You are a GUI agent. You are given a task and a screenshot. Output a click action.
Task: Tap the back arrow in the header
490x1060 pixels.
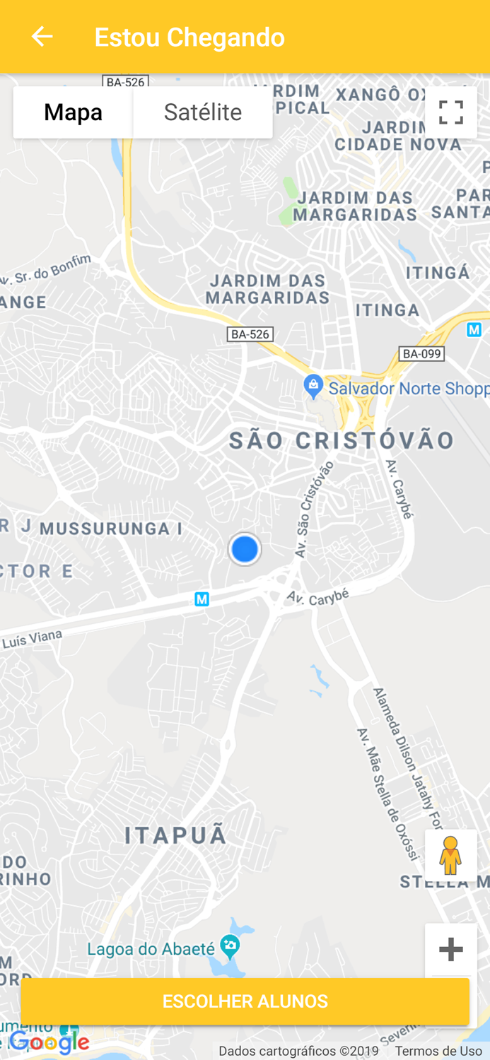[42, 37]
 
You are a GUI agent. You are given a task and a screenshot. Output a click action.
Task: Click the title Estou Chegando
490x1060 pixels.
[189, 37]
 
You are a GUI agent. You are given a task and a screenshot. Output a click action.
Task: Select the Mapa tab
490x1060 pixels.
[73, 112]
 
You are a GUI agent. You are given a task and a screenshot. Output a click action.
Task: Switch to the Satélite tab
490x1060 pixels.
[203, 112]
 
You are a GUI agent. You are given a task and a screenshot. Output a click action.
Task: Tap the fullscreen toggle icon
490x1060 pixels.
[450, 112]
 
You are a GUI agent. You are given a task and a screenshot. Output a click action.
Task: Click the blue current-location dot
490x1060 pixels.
[245, 549]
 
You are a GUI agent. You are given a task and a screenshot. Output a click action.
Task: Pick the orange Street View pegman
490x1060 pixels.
[450, 855]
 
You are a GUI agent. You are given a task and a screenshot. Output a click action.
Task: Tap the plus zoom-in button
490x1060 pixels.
[450, 949]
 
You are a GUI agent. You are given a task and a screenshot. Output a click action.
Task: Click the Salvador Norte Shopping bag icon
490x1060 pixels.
[313, 387]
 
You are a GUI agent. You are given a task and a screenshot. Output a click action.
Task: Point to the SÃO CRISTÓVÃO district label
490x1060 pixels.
[342, 441]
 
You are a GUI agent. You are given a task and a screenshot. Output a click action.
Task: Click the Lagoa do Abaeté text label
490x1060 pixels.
[151, 949]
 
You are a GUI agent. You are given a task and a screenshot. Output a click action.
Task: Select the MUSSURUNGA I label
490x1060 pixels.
[111, 529]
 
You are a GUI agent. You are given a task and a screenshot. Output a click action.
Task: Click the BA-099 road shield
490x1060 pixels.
[421, 353]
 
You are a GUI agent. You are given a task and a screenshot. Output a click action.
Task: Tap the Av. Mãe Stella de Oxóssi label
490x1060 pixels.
[386, 795]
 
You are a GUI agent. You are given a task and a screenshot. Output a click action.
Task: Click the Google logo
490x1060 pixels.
[49, 1042]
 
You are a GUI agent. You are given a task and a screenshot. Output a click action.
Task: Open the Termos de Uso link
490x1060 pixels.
[438, 1052]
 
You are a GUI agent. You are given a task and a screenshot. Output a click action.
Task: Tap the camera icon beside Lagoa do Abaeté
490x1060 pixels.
[229, 945]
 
